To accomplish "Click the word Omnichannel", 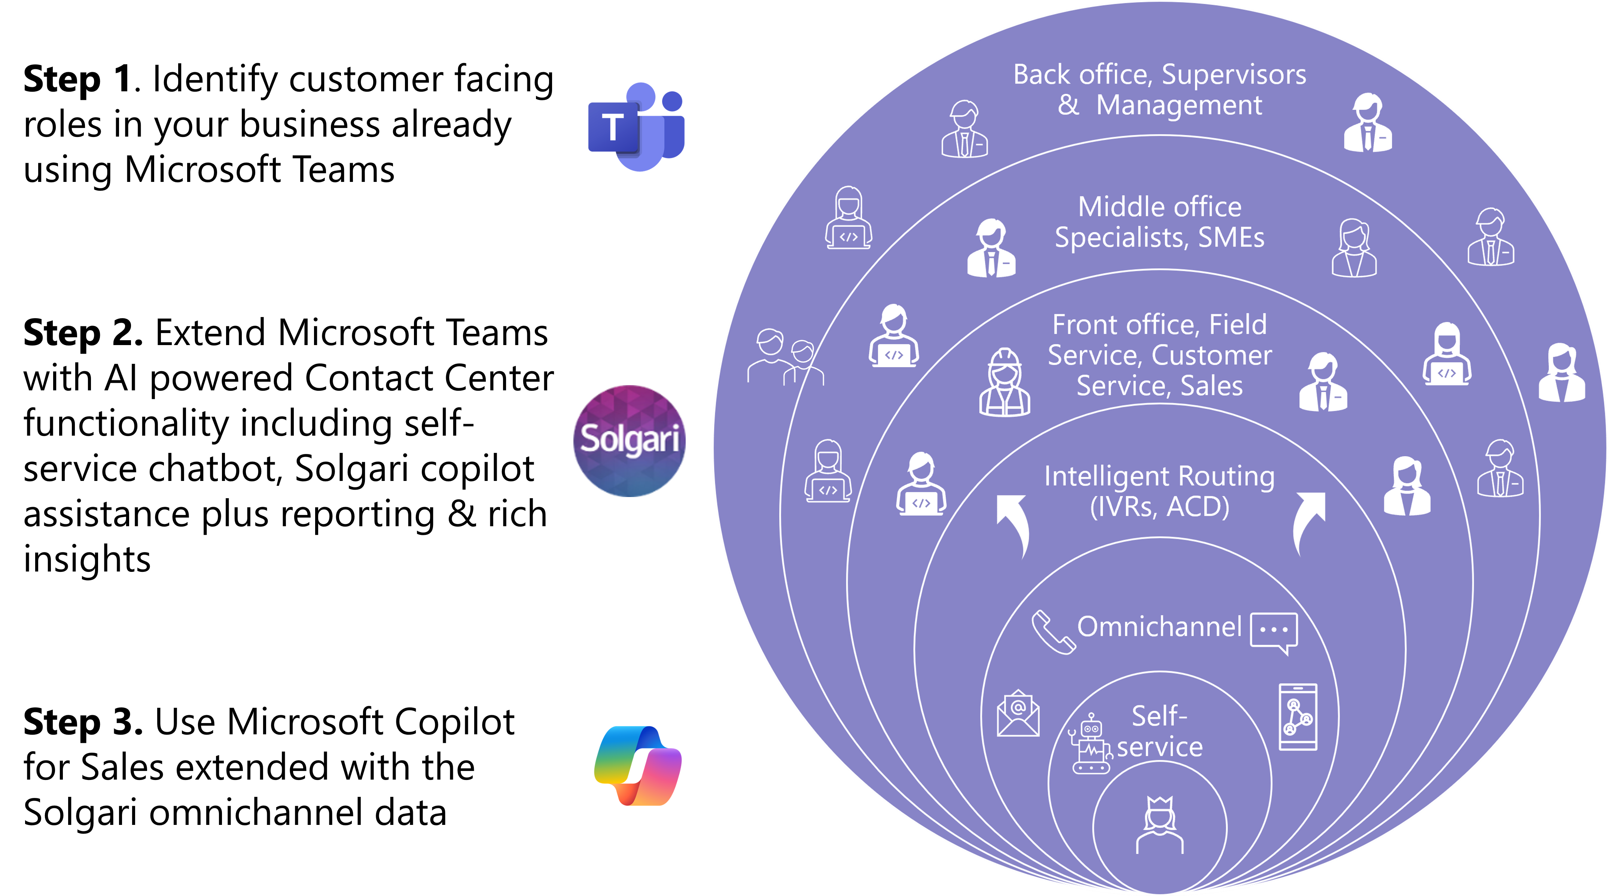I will tap(1159, 627).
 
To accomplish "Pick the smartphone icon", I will tap(1298, 716).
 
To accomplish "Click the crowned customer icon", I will tap(1160, 825).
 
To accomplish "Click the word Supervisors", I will tap(1234, 75).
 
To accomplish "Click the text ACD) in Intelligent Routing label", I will tap(1198, 507).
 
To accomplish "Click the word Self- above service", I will tap(1159, 716).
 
